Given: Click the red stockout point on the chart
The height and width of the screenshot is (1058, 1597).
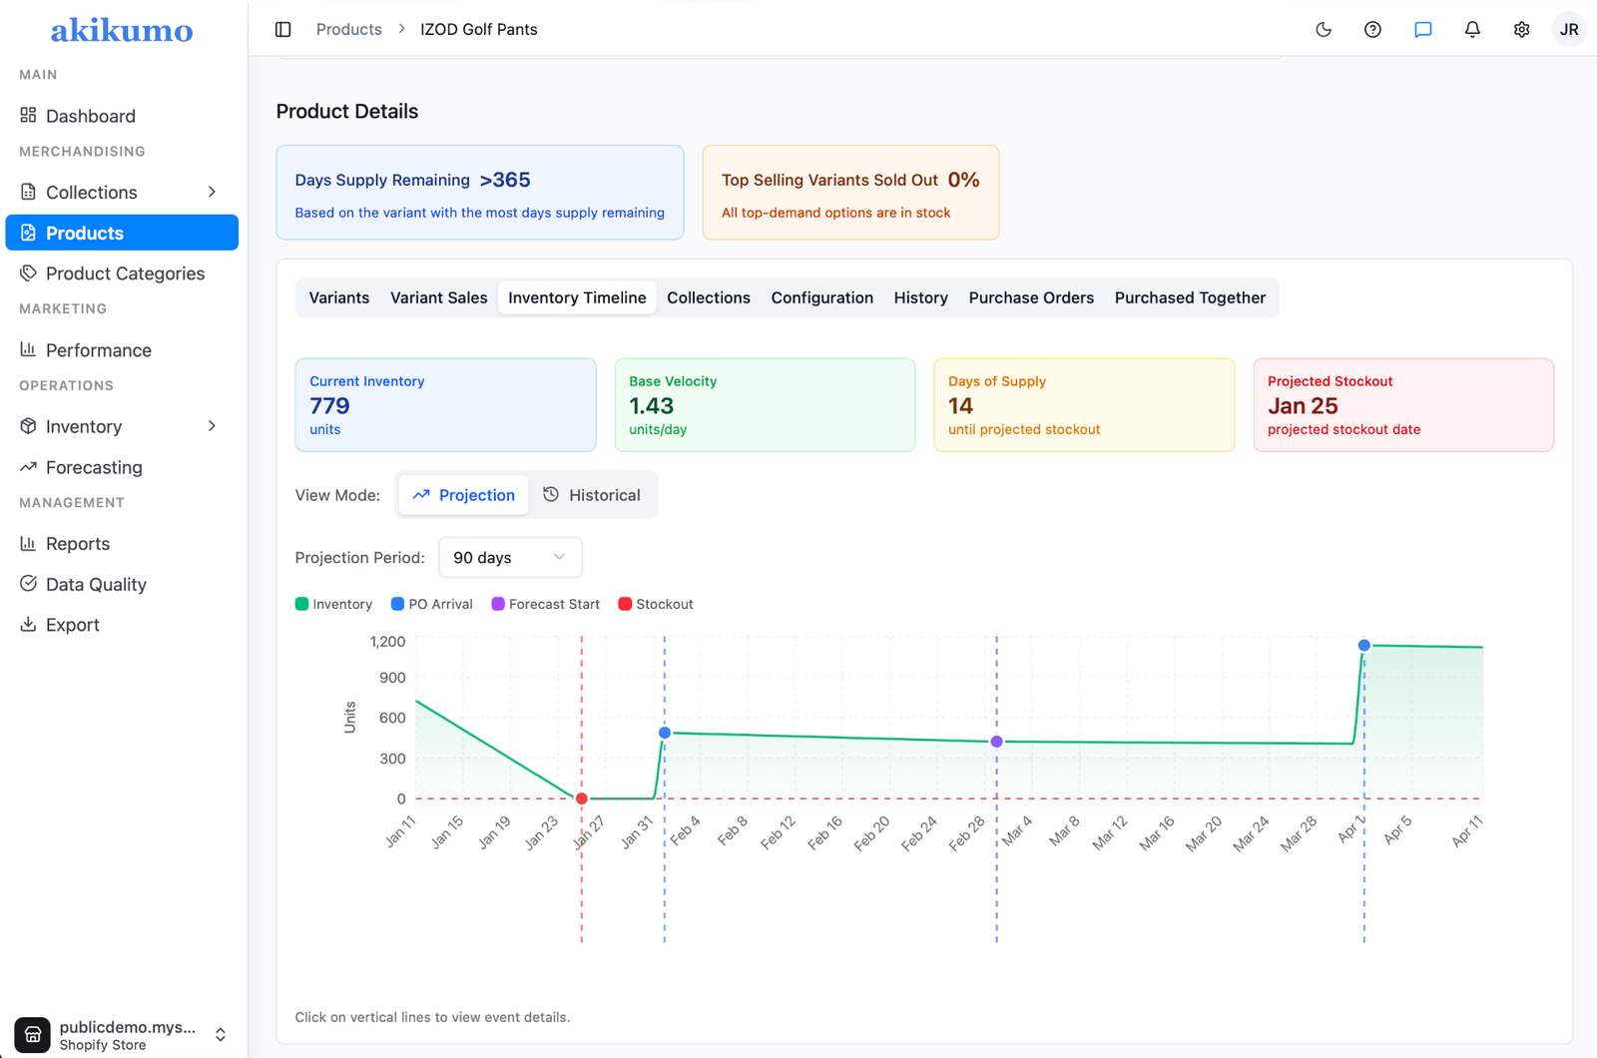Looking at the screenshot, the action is [582, 798].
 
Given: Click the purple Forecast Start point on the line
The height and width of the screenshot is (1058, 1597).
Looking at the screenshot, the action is [997, 742].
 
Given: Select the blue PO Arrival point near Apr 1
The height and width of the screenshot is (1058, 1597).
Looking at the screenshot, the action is [1363, 645].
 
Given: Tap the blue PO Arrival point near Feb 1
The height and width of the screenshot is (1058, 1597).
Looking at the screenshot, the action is [665, 733].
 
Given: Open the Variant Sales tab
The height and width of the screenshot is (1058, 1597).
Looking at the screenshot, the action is [438, 297].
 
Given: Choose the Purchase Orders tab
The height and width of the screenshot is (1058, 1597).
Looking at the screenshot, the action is [1031, 297].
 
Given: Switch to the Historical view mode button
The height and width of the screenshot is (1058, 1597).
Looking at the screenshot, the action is [592, 495].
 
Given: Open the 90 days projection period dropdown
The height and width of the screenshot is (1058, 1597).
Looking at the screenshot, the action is [510, 558].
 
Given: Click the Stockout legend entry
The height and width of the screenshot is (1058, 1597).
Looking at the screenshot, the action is [655, 604].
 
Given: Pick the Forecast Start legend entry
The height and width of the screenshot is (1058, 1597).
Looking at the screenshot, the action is [545, 604].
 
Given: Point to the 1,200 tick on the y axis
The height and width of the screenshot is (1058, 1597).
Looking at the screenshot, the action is [387, 642].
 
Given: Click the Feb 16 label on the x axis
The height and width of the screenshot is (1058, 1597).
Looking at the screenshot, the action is [825, 832].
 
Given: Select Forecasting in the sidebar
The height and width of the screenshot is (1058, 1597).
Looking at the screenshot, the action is [94, 467].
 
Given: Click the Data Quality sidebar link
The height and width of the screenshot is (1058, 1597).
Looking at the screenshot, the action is [96, 584].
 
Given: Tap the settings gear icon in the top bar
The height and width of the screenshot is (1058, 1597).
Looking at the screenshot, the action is [1521, 29].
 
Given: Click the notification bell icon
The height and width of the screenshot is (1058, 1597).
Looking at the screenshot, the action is [1472, 29].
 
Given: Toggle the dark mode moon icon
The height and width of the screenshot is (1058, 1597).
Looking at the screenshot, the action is [1324, 29].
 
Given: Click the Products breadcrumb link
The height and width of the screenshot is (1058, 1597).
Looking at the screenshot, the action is [348, 29].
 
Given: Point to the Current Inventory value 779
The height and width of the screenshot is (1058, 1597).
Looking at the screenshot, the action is [329, 405].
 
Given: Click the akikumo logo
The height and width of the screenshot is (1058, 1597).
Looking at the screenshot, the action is [122, 30].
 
